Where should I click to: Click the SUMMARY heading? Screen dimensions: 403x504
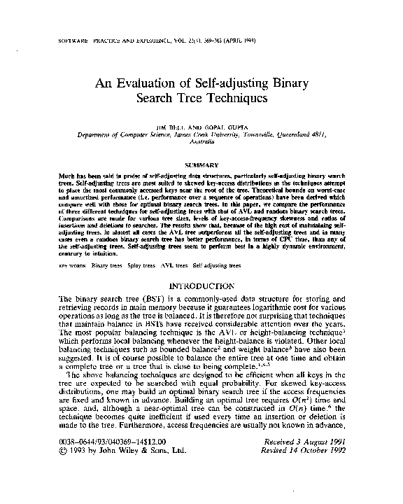point(201,164)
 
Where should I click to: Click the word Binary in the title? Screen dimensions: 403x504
point(298,82)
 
